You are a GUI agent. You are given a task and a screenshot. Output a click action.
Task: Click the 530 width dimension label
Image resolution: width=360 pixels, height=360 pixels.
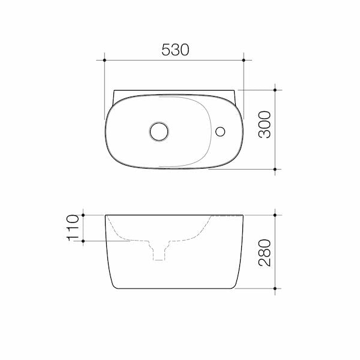175,50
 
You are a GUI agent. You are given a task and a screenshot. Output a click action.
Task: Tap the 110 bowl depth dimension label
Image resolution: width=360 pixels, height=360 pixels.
73,228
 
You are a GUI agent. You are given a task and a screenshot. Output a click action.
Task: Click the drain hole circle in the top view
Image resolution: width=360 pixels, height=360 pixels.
160,130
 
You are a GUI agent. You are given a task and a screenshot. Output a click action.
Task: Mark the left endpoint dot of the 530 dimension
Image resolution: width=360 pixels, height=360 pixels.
105,60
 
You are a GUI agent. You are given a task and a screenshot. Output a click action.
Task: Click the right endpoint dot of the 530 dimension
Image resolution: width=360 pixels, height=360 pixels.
244,60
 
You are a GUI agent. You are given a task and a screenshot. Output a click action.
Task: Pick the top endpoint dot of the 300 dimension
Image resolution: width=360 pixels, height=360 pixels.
275,90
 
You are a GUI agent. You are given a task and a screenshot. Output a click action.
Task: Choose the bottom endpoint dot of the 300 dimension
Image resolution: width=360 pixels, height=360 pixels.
275,170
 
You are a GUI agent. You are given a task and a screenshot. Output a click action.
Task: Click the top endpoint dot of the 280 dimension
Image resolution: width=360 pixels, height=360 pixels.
275,214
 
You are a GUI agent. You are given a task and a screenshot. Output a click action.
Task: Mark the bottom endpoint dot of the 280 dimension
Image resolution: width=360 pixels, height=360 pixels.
275,288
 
